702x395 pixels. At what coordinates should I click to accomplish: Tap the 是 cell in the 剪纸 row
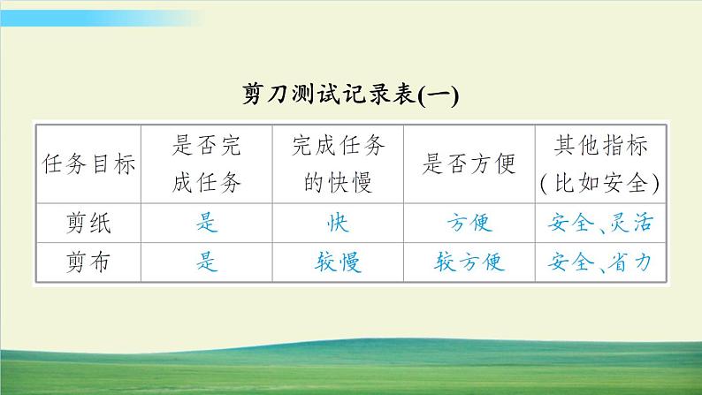click(207, 223)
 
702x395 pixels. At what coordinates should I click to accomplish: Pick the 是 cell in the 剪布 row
click(207, 262)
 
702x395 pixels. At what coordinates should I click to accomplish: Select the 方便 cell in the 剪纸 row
click(469, 223)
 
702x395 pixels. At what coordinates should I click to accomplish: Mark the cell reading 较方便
click(469, 262)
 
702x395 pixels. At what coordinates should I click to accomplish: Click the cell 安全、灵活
click(601, 223)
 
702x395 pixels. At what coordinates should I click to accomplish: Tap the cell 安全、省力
click(601, 262)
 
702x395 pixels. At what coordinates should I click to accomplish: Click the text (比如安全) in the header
click(601, 183)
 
